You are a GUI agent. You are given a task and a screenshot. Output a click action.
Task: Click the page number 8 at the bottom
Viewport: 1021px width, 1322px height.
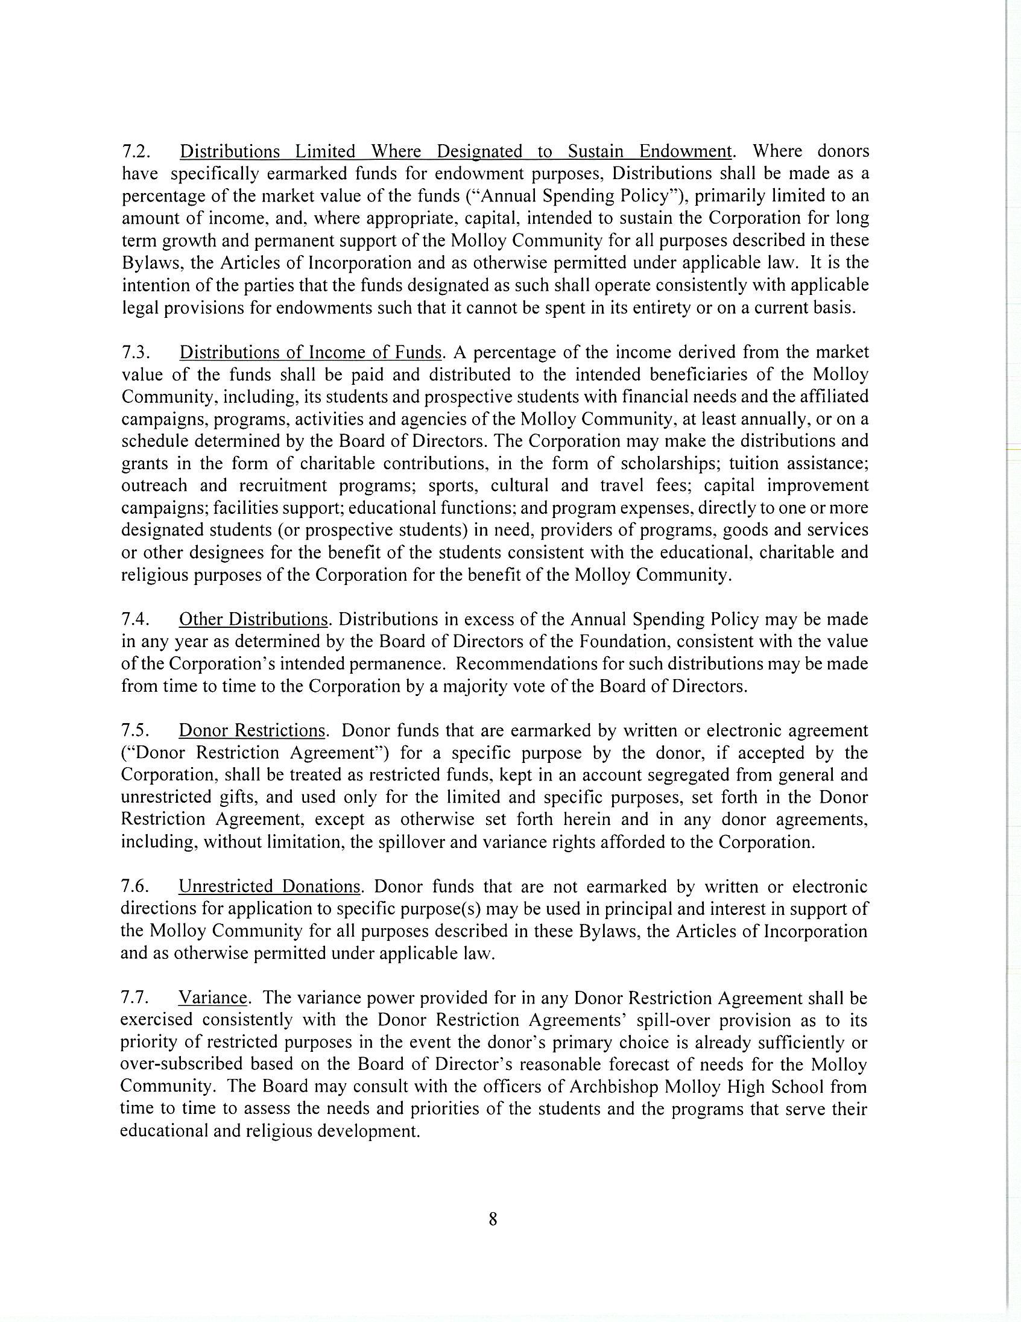[x=492, y=1219]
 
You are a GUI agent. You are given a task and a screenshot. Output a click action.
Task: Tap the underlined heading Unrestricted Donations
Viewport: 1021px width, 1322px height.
[x=270, y=887]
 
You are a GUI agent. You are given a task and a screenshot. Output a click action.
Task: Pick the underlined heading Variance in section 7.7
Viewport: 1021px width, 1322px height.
[x=213, y=998]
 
